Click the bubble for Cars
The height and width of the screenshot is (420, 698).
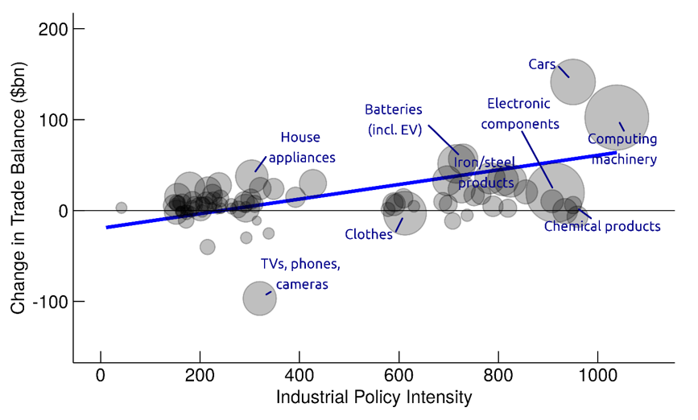coord(572,81)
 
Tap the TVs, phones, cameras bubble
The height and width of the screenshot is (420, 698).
coord(259,299)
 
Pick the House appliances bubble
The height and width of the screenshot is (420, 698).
coord(251,175)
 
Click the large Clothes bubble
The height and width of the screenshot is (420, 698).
coord(405,213)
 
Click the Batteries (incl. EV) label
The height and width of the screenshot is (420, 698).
coord(393,119)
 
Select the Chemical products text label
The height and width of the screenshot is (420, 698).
coord(601,227)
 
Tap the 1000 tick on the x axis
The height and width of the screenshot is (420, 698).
coord(597,376)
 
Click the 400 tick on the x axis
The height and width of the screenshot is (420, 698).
coord(299,376)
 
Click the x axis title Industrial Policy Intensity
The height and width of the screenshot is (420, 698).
coord(374,398)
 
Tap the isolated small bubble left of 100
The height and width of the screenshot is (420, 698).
coord(122,208)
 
